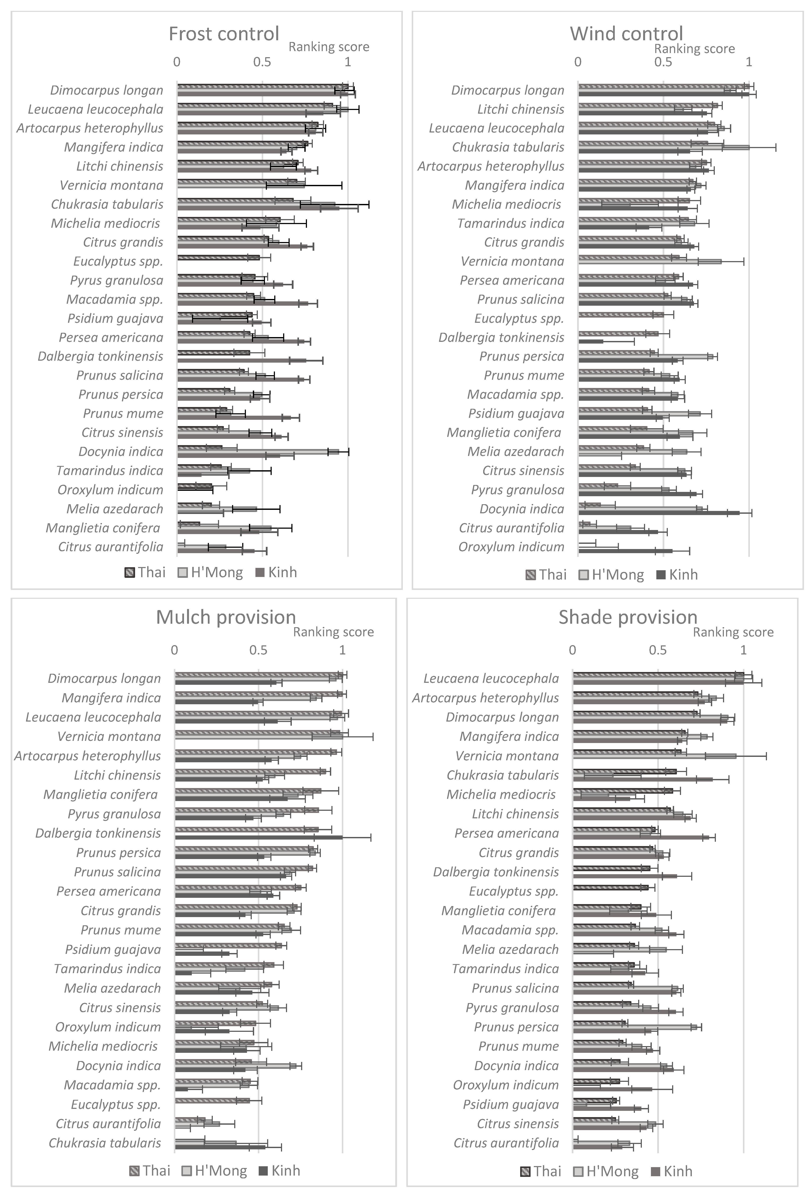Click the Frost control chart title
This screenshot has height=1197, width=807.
pyautogui.click(x=224, y=34)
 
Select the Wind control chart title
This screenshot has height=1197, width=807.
pyautogui.click(x=626, y=34)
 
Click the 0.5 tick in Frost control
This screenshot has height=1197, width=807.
pyautogui.click(x=263, y=62)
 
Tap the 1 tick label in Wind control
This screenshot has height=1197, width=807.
pyautogui.click(x=749, y=62)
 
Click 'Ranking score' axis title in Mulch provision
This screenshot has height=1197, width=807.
pyautogui.click(x=334, y=632)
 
